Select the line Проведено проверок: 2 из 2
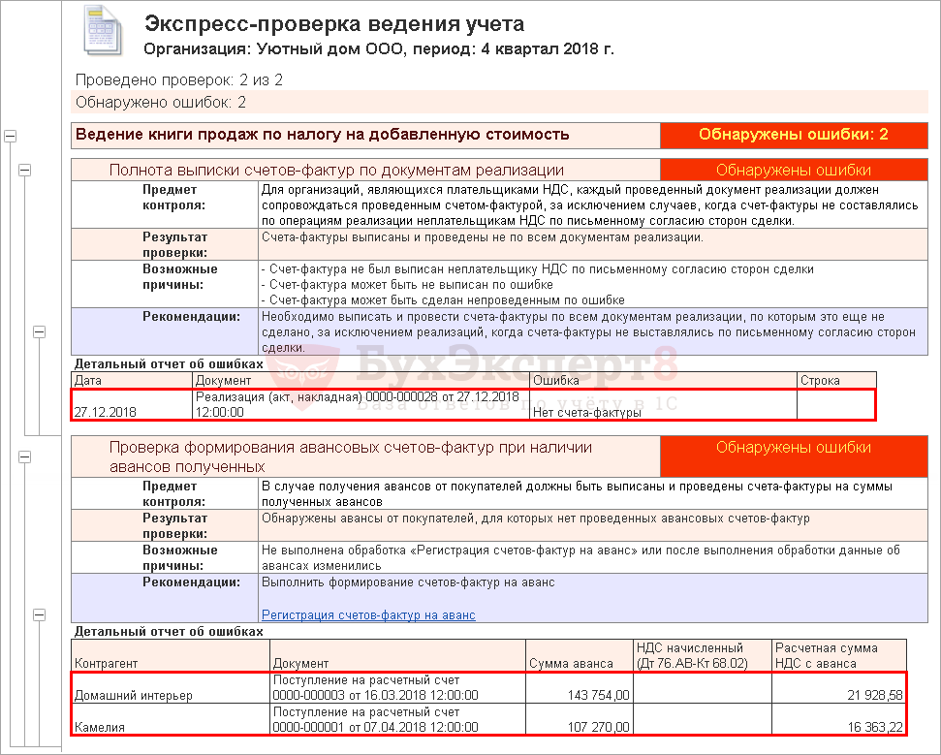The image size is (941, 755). pos(178,79)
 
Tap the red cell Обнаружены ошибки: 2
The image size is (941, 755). pos(793,135)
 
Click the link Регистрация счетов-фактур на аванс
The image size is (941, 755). pos(368,615)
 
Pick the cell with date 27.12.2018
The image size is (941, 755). pos(106,412)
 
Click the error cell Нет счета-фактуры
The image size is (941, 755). pos(587,412)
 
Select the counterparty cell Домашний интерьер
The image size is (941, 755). pos(134,695)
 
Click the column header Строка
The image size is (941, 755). pos(820,381)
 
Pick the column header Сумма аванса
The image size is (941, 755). pos(571,663)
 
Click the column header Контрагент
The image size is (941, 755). pos(107,663)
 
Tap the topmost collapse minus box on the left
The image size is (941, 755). pos(11,136)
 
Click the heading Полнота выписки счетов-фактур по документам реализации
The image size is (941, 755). pos(336,170)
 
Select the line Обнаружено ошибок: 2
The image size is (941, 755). pos(161,102)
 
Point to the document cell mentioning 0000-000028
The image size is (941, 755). pos(359,404)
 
